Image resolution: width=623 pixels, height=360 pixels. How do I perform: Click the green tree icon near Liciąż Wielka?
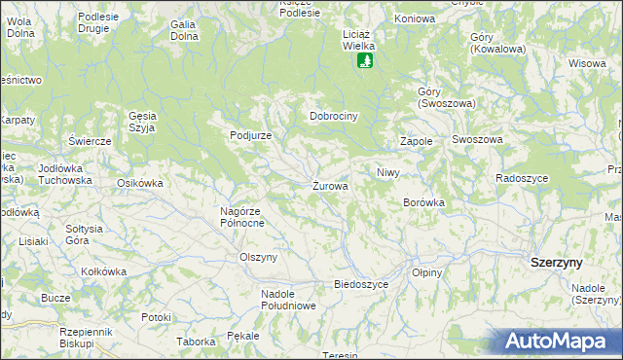click(364, 61)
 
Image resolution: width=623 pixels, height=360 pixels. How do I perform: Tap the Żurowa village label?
click(331, 186)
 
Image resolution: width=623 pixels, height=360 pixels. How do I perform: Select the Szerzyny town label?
click(556, 263)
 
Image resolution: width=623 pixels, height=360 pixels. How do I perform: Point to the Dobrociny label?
click(335, 116)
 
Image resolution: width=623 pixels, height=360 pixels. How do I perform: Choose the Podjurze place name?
click(250, 136)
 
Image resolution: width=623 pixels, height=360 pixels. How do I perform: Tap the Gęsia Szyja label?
click(143, 121)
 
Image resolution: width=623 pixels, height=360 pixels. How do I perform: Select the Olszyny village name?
click(259, 257)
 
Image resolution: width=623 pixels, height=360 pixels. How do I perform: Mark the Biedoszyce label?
click(361, 284)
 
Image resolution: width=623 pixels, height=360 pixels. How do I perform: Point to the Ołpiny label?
click(427, 272)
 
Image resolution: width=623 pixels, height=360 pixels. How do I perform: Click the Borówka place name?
click(423, 202)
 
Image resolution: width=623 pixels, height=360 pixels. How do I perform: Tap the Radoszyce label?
click(522, 178)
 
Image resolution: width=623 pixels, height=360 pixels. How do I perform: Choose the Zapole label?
click(416, 141)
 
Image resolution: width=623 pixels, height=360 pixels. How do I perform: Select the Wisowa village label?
click(587, 63)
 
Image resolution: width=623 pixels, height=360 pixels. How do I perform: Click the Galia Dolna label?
click(184, 30)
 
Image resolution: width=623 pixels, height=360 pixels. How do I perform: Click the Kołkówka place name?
click(104, 271)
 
